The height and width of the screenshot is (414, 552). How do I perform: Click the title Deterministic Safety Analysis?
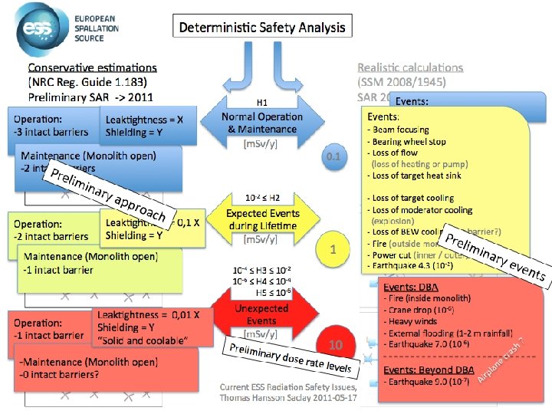(262, 28)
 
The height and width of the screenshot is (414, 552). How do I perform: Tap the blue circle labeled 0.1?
(333, 157)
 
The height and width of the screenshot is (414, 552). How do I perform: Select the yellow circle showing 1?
(333, 249)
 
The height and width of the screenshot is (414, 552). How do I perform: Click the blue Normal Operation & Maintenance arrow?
(262, 123)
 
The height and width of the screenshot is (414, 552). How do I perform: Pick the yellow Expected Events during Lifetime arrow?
(262, 219)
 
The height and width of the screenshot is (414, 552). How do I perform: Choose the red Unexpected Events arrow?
(262, 315)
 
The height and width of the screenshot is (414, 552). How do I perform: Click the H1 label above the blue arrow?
(261, 102)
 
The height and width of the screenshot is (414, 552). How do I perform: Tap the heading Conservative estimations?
(93, 68)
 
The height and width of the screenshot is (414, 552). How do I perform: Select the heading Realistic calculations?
(410, 68)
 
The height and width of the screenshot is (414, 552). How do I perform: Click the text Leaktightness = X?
(144, 120)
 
